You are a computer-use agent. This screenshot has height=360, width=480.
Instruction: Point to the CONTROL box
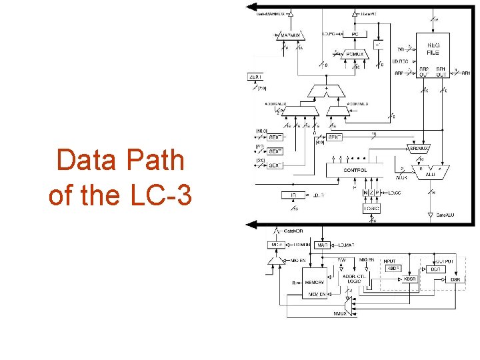point(355,170)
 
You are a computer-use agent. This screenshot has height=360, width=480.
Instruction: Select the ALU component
point(430,171)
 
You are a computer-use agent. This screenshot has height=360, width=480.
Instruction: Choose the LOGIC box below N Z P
point(371,209)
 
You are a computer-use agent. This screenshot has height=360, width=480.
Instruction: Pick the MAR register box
point(323,246)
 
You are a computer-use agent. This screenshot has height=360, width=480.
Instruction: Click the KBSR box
point(409,279)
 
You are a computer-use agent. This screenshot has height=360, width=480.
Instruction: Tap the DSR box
point(455,279)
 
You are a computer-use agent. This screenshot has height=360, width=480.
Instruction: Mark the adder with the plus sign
point(326,90)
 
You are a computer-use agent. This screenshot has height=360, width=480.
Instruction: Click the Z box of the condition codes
point(373,193)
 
